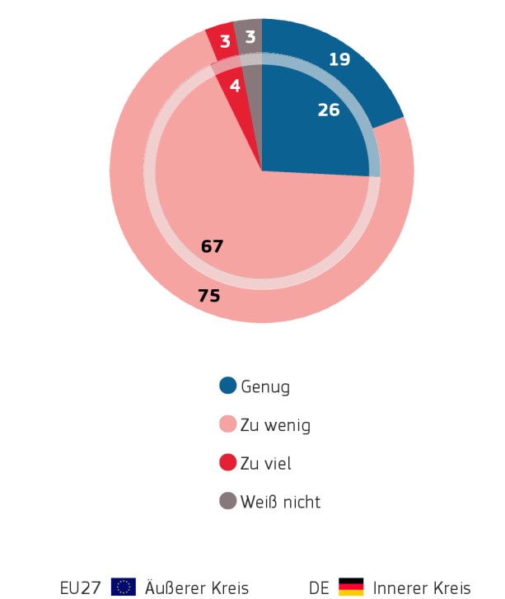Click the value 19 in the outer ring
pyautogui.click(x=339, y=59)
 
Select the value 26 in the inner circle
pyautogui.click(x=329, y=110)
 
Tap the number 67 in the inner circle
pyautogui.click(x=212, y=246)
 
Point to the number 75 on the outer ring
pyautogui.click(x=209, y=295)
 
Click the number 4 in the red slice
pyautogui.click(x=235, y=85)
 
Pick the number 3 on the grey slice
pyautogui.click(x=250, y=37)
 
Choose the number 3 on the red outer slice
pyautogui.click(x=225, y=42)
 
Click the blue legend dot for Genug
pyautogui.click(x=228, y=386)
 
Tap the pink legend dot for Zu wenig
pyautogui.click(x=228, y=424)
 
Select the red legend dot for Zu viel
pyautogui.click(x=228, y=463)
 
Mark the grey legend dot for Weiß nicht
pyautogui.click(x=228, y=501)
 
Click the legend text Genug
pyautogui.click(x=265, y=386)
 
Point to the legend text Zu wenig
pyautogui.click(x=275, y=425)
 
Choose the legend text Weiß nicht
pyautogui.click(x=280, y=502)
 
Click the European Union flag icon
pyautogui.click(x=124, y=587)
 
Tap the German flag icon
pyautogui.click(x=351, y=587)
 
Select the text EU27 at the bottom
pyautogui.click(x=80, y=588)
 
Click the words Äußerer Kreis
pyautogui.click(x=197, y=588)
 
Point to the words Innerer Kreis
pyautogui.click(x=422, y=588)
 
